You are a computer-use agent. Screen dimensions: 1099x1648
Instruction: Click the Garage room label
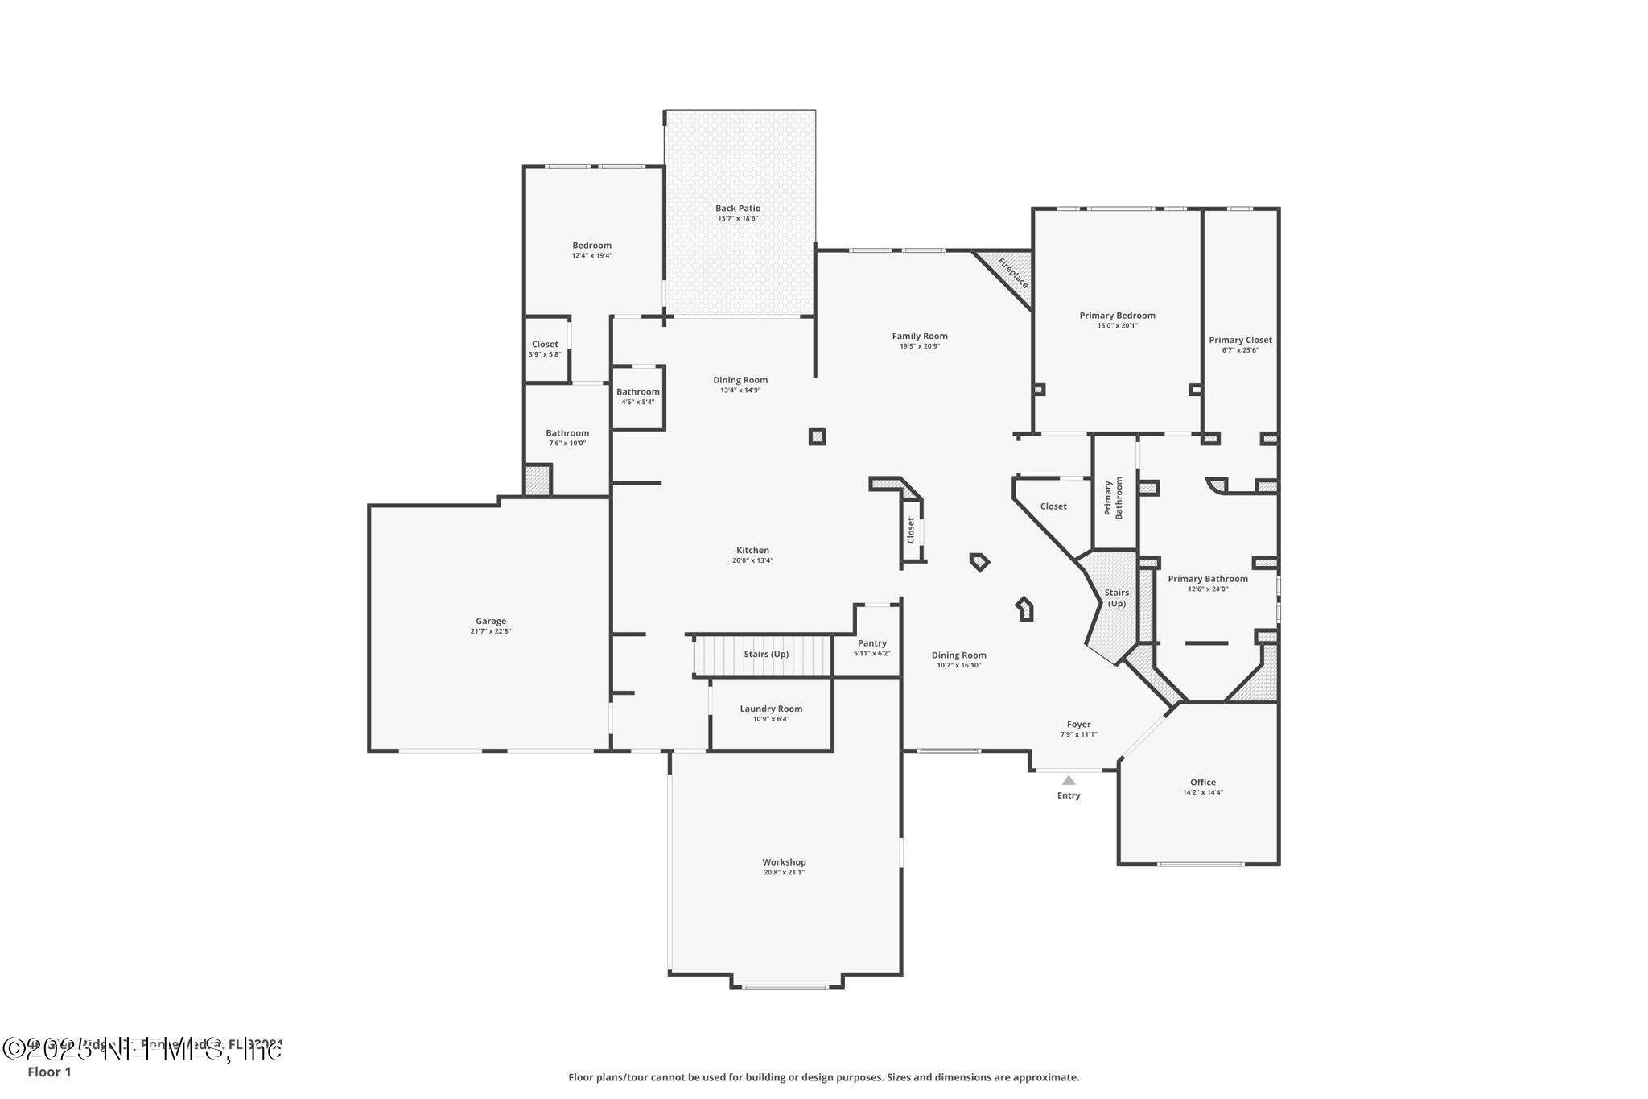pos(490,621)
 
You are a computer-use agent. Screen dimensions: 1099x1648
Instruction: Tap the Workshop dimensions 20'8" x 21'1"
pos(784,873)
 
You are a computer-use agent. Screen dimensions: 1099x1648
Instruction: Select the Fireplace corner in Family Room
pos(1009,276)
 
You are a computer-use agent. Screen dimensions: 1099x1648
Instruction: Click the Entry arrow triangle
pos(1068,780)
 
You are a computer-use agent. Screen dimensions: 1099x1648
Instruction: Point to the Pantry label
pos(871,643)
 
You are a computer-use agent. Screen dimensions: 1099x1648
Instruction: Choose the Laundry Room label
pos(771,709)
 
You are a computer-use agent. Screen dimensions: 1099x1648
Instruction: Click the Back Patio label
pos(737,209)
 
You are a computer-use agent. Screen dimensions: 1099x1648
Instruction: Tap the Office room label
pos(1202,783)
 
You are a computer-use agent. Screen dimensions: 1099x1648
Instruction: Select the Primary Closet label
pos(1239,340)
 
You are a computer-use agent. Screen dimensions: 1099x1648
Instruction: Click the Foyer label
pos(1078,725)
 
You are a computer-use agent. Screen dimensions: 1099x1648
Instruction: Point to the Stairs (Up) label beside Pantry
pos(765,655)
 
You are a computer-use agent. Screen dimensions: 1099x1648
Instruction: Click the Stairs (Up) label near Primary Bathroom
pos(1116,597)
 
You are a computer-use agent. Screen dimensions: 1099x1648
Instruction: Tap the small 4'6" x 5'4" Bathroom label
pos(637,392)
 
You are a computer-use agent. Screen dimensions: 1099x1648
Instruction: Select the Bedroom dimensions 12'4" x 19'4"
pos(591,256)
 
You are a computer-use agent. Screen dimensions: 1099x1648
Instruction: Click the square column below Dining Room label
pos(817,436)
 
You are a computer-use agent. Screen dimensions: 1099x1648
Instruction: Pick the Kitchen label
pos(752,551)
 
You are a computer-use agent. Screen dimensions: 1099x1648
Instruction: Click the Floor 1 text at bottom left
pos(49,1072)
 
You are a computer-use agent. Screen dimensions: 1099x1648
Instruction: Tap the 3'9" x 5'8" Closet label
pos(545,345)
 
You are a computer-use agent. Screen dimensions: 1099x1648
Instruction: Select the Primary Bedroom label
pos(1117,316)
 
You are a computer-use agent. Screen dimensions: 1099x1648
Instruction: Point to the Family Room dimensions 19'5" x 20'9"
pos(919,346)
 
